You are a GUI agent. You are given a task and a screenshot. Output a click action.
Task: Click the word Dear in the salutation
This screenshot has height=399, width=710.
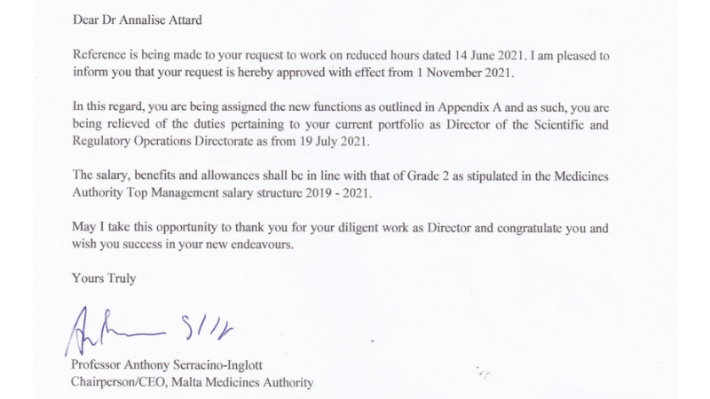click(86, 14)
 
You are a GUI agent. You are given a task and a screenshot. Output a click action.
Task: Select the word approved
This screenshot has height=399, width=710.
click(317, 71)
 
